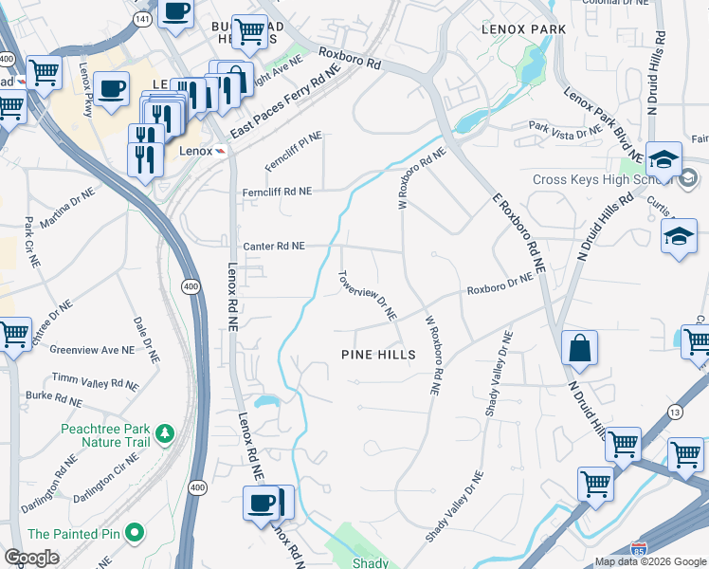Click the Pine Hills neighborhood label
(378, 354)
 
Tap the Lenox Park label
(524, 29)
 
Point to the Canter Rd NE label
(274, 246)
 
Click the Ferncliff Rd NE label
(276, 192)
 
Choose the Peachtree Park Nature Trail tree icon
(166, 434)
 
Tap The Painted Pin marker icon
(134, 534)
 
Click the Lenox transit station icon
(220, 151)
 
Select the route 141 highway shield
(142, 19)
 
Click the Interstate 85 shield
(640, 548)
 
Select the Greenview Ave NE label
(91, 350)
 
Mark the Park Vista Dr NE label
(566, 128)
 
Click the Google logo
(31, 558)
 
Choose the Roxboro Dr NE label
(500, 282)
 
